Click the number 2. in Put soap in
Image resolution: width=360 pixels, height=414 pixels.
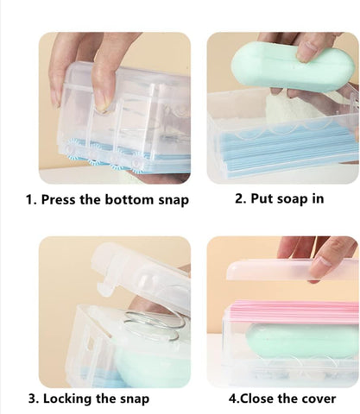[x=241, y=198]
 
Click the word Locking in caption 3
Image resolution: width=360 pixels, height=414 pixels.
[x=72, y=398]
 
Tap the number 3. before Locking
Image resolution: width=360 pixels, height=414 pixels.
[x=32, y=398]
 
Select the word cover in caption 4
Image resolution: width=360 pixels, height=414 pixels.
[x=318, y=398]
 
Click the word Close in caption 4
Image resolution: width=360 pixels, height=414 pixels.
[x=261, y=398]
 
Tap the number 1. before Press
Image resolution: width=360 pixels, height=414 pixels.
[x=30, y=200]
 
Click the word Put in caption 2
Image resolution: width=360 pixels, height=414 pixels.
[x=263, y=198]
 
